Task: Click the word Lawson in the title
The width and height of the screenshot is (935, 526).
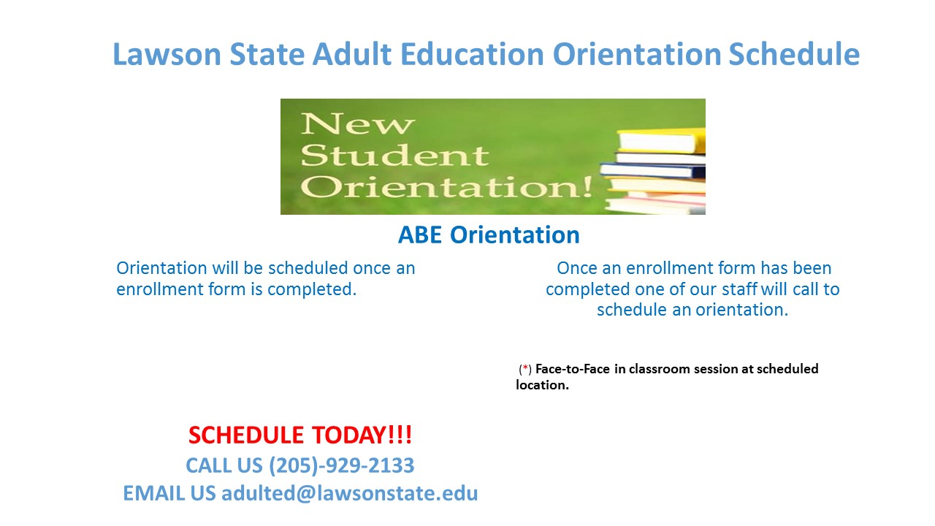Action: [x=167, y=54]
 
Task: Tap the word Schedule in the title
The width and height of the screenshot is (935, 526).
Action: [x=794, y=54]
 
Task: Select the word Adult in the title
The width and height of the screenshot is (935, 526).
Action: [x=352, y=54]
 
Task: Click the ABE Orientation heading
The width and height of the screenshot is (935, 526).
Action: [x=489, y=235]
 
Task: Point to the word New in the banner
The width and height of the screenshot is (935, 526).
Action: [x=357, y=124]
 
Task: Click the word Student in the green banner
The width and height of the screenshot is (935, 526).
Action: [x=394, y=156]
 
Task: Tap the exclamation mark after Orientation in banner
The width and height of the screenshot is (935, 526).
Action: [x=588, y=186]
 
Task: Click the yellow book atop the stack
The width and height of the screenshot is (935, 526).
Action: [x=661, y=141]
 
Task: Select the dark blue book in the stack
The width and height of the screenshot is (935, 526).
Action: [x=652, y=170]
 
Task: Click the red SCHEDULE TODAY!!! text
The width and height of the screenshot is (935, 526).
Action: [x=300, y=435]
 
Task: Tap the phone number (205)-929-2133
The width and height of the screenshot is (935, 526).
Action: [x=341, y=465]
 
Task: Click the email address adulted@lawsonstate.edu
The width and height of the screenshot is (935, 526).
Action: [x=349, y=493]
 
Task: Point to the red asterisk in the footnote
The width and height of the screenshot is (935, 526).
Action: [x=525, y=367]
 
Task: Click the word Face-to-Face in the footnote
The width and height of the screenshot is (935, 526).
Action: [x=572, y=369]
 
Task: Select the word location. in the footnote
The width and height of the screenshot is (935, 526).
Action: [x=542, y=385]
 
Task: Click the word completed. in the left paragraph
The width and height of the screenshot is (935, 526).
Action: [x=312, y=289]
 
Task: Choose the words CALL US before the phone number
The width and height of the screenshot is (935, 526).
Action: [x=224, y=465]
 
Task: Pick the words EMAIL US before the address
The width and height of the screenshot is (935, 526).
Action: [x=169, y=493]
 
